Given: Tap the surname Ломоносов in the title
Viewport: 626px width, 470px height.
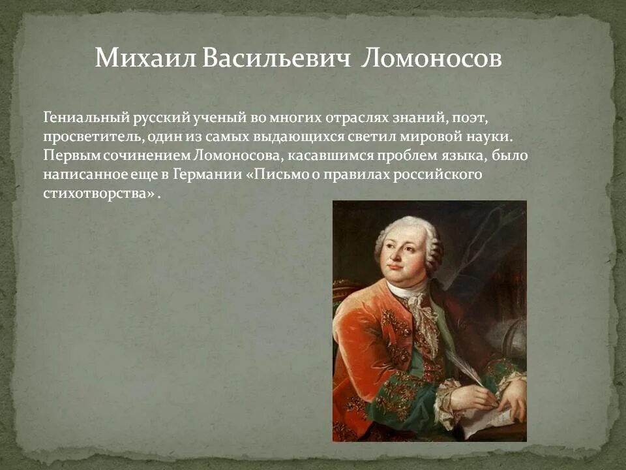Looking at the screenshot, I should pyautogui.click(x=431, y=58).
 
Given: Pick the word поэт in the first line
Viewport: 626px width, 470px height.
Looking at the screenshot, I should pyautogui.click(x=468, y=119).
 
